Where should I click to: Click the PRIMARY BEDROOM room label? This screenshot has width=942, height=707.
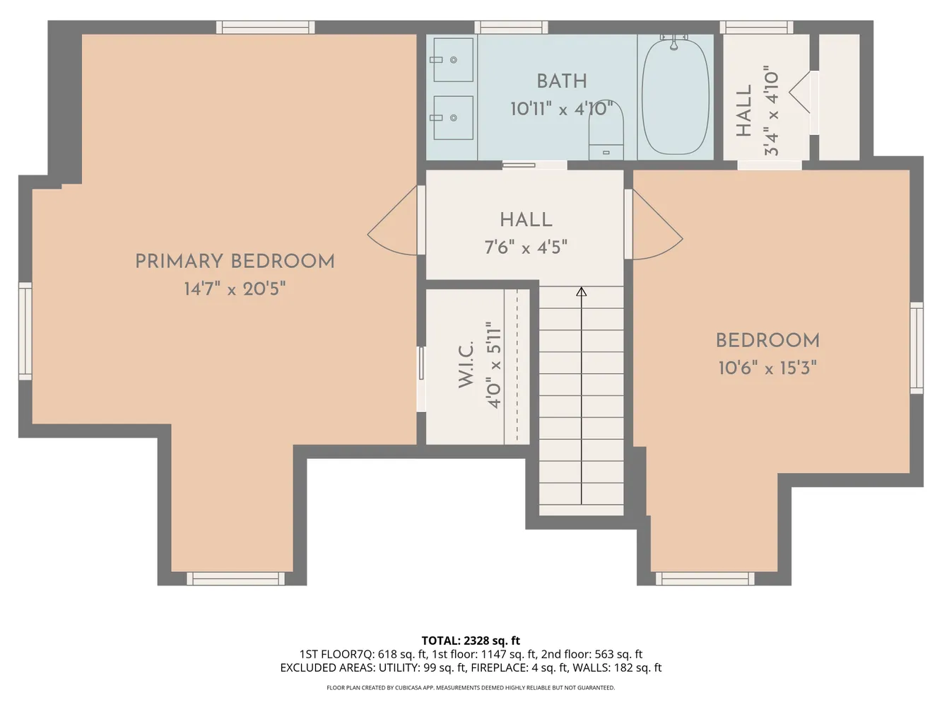[x=235, y=262]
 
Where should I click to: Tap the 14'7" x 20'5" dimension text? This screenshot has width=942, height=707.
[x=235, y=289]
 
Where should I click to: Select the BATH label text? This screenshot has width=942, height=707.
[x=562, y=81]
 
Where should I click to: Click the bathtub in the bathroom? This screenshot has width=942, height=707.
[x=675, y=97]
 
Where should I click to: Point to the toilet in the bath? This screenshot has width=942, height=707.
[x=606, y=131]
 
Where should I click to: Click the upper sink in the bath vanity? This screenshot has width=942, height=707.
[x=453, y=59]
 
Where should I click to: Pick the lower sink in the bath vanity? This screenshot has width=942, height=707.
[x=453, y=117]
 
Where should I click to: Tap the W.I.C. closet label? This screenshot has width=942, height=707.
[x=466, y=364]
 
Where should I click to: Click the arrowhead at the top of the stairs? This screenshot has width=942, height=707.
[x=581, y=291]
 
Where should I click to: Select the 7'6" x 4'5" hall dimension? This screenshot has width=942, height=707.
[x=526, y=247]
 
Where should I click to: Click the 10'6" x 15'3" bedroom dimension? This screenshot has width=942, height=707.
[x=767, y=368]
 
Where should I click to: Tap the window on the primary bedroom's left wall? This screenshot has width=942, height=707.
[x=25, y=331]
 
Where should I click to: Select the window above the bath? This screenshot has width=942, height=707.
[x=511, y=27]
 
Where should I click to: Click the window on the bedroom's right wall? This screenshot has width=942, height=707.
[x=917, y=348]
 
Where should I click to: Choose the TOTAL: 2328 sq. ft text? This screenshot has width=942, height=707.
[x=471, y=641]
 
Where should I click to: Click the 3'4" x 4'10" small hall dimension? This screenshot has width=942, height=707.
[x=771, y=111]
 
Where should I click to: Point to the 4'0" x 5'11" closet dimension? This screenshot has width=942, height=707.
[x=494, y=366]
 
